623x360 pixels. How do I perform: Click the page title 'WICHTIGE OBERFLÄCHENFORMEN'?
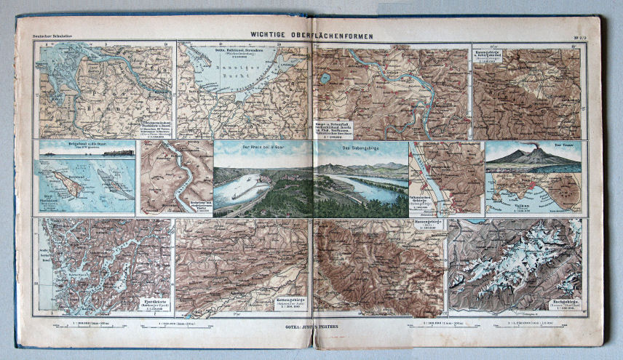point(311,33)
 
